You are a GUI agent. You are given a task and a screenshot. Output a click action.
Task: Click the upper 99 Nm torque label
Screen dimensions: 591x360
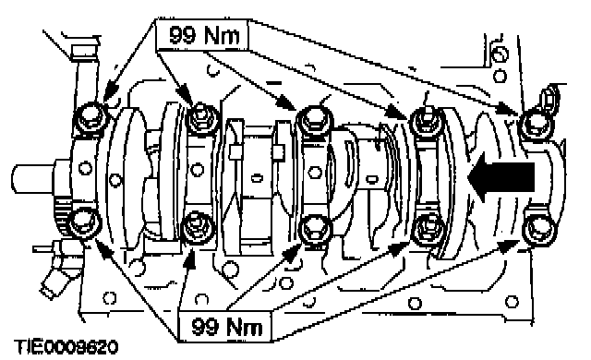pos(203,35)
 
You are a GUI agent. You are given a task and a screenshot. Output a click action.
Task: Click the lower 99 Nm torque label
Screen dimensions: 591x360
pos(225,326)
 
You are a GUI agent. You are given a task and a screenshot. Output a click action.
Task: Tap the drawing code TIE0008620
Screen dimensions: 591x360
pos(66,347)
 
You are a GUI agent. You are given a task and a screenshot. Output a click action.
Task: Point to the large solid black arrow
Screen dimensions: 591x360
pos(501,176)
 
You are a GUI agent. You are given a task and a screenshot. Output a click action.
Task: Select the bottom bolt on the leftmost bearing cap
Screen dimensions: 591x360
pos(85,223)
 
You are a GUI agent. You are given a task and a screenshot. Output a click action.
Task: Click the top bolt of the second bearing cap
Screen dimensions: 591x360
pos(202,118)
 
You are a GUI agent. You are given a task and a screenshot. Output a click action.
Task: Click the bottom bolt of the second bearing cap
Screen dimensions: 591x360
pos(198,228)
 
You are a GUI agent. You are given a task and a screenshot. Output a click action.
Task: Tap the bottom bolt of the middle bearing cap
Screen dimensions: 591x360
pos(315,229)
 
